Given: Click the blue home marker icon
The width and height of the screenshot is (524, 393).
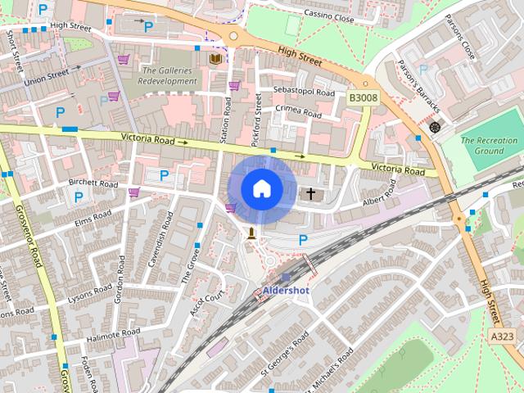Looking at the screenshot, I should [x=261, y=189].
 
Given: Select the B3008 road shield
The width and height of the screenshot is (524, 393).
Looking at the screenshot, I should [x=364, y=97].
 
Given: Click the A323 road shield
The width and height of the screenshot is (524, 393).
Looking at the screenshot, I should [x=503, y=336].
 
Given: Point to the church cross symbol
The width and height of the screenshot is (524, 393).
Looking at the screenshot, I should [x=310, y=194].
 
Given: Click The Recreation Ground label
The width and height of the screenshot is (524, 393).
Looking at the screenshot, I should [x=489, y=146].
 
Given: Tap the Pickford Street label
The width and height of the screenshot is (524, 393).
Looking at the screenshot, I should [x=258, y=115].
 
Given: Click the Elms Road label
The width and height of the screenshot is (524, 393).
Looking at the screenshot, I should [x=92, y=219].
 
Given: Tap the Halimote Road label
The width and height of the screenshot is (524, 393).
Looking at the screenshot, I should [x=97, y=335].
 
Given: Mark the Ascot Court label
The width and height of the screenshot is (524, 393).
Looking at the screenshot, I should [x=207, y=305].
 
